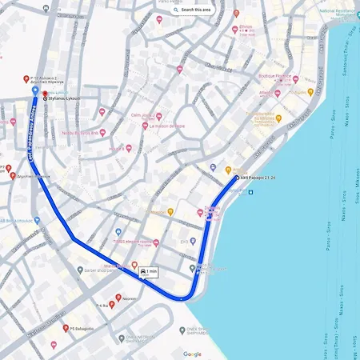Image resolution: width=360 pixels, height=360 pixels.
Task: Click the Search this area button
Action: pos(191,10)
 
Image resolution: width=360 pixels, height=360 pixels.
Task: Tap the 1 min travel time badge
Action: pos(147,272)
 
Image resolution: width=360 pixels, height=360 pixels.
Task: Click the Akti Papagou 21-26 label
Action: pos(256,177)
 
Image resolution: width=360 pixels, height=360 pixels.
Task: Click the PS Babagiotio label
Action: pos(82,327)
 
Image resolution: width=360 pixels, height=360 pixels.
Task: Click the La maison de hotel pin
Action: pos(145,125)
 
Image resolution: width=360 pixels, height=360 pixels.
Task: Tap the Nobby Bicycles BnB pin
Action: pos(102,133)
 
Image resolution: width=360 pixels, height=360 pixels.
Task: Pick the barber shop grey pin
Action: pos(80,270)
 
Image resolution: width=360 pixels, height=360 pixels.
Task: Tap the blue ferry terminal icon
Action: pos(250,194)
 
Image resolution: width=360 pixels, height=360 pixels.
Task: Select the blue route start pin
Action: pos(33,91)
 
